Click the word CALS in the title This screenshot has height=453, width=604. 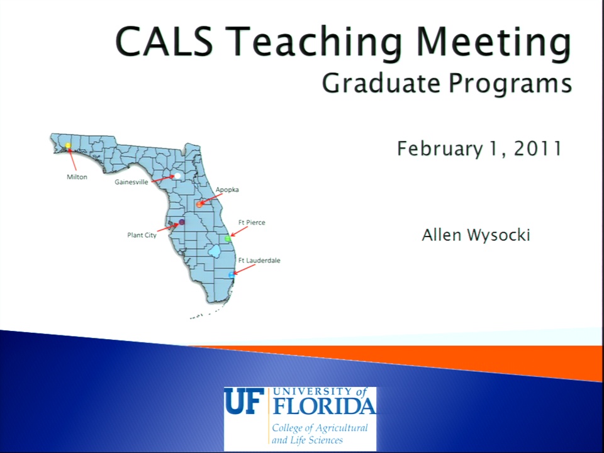(x=164, y=41)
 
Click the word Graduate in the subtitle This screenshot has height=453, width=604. (x=381, y=83)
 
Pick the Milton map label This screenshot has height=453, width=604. (x=77, y=177)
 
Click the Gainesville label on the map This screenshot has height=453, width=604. (x=131, y=182)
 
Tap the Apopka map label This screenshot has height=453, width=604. (x=227, y=190)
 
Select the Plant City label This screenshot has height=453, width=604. (x=142, y=235)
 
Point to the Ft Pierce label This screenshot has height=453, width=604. (x=252, y=222)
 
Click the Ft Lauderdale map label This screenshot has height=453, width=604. (x=259, y=260)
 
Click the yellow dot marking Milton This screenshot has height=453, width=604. (x=68, y=145)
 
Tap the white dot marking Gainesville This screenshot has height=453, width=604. (x=177, y=176)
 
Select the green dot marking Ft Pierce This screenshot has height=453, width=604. (x=228, y=238)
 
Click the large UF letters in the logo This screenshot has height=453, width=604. (x=244, y=401)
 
